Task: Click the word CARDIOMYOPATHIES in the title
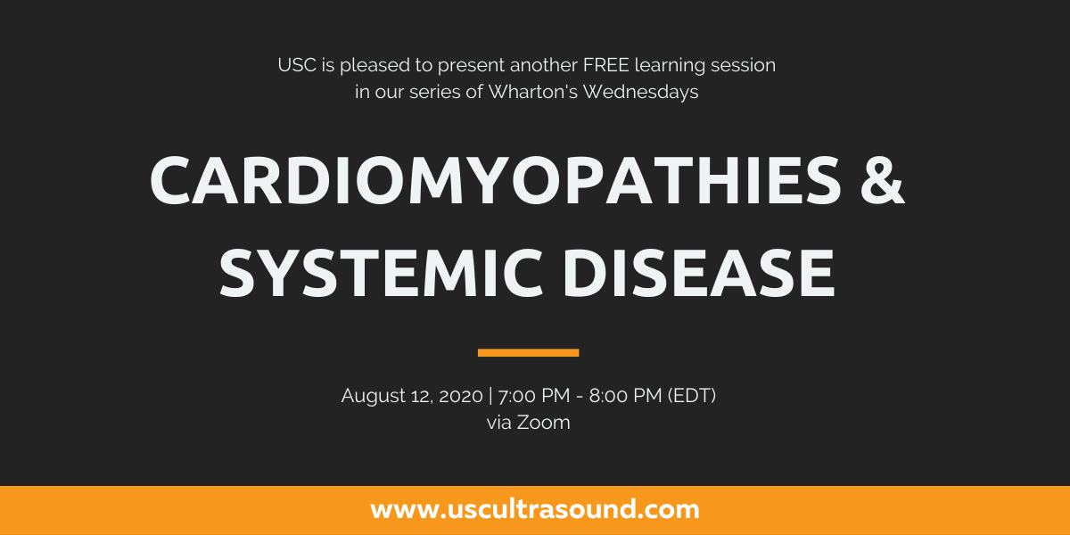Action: (496, 181)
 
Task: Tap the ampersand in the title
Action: (883, 181)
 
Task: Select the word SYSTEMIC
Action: (381, 273)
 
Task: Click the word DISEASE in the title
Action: (699, 273)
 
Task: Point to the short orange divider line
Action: (528, 353)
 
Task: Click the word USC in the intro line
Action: (297, 65)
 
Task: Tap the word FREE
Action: (605, 65)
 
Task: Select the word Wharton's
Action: (532, 92)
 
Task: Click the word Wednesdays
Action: (640, 92)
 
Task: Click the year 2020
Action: (461, 396)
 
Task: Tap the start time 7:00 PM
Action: (534, 396)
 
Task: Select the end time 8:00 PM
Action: (625, 396)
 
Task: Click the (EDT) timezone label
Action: (692, 396)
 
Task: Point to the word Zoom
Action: (543, 423)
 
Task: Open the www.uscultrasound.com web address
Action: (535, 510)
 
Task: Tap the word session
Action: (744, 65)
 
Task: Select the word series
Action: (435, 92)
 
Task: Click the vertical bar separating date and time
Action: (490, 396)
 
